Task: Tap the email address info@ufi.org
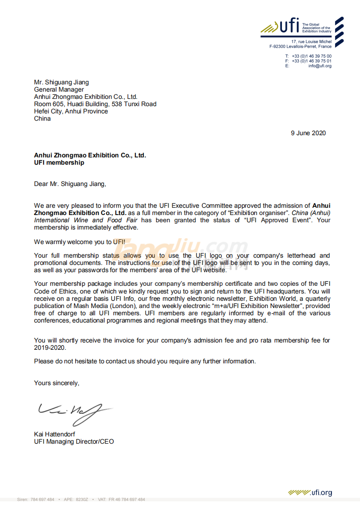[320, 66]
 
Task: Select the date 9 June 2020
[308, 133]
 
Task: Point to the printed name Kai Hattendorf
[54, 434]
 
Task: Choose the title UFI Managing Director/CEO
[74, 441]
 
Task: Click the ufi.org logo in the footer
[310, 493]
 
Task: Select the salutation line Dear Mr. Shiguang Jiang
[69, 184]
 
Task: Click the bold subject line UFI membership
[59, 162]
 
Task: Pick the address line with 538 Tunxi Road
[95, 104]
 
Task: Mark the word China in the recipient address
[42, 118]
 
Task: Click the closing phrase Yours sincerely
[56, 383]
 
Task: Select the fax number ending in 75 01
[311, 61]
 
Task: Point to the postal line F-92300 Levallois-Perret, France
[300, 46]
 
